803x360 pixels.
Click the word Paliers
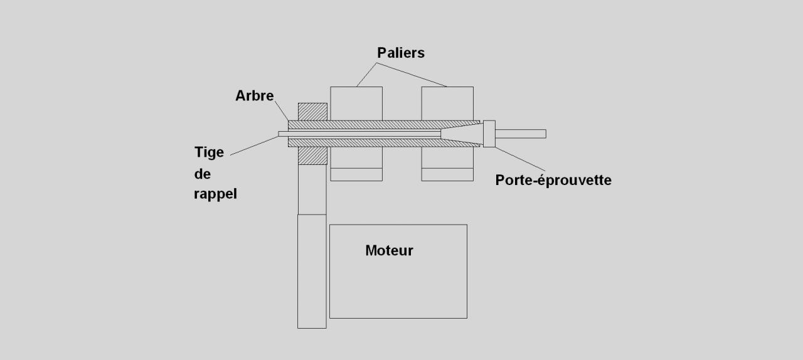[x=400, y=53]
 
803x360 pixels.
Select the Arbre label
[x=254, y=96]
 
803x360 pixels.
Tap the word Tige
[x=209, y=153]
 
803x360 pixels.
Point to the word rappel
[x=215, y=194]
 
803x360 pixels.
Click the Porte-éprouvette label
[x=553, y=180]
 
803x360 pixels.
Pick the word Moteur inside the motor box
[x=389, y=251]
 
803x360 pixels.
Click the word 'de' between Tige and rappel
[x=202, y=174]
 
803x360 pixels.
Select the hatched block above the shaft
[x=312, y=111]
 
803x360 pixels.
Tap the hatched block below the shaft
[x=312, y=156]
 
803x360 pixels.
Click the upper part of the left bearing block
[x=356, y=103]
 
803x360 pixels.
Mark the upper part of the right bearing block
[x=447, y=103]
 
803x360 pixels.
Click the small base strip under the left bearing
[x=356, y=174]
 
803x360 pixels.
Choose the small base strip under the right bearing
[x=447, y=174]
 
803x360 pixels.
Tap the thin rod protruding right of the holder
[x=521, y=134]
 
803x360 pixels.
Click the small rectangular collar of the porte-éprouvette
[x=489, y=134]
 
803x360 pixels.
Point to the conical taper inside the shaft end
[x=461, y=134]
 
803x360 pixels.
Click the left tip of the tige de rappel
[x=281, y=134]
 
